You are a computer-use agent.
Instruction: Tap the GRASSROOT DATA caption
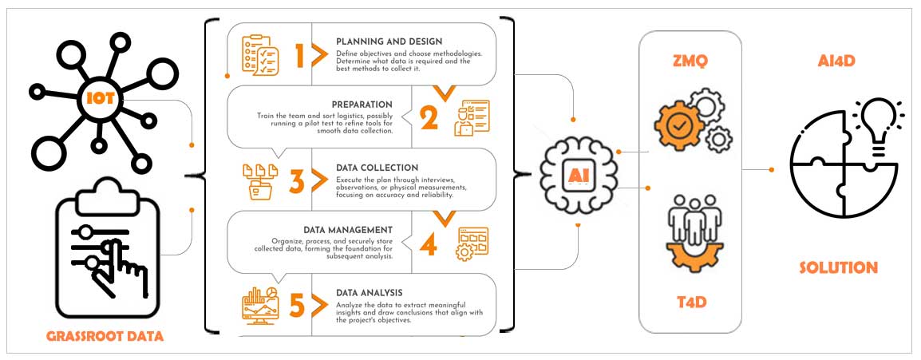click(105, 336)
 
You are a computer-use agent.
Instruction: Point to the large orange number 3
click(297, 181)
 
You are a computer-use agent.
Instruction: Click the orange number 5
click(297, 306)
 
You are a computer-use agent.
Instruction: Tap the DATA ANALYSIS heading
click(370, 292)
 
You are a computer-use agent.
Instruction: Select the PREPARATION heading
click(362, 104)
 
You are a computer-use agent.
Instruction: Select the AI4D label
click(837, 60)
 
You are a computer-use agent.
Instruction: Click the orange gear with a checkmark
click(680, 125)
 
